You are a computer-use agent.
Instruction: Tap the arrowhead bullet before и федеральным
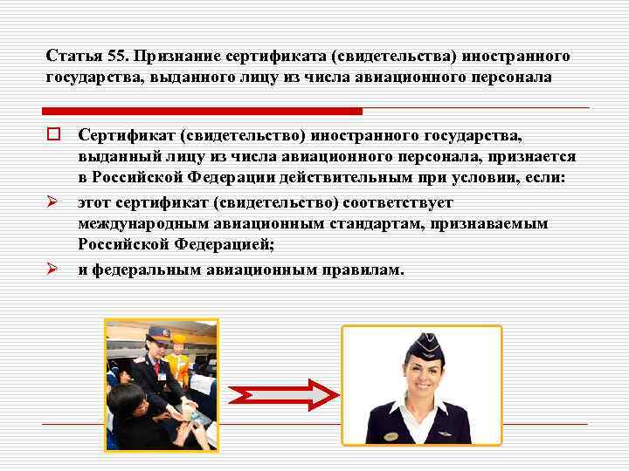coord(52,270)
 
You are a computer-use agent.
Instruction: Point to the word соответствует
coord(397,202)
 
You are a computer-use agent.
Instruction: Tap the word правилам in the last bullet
coord(366,270)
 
